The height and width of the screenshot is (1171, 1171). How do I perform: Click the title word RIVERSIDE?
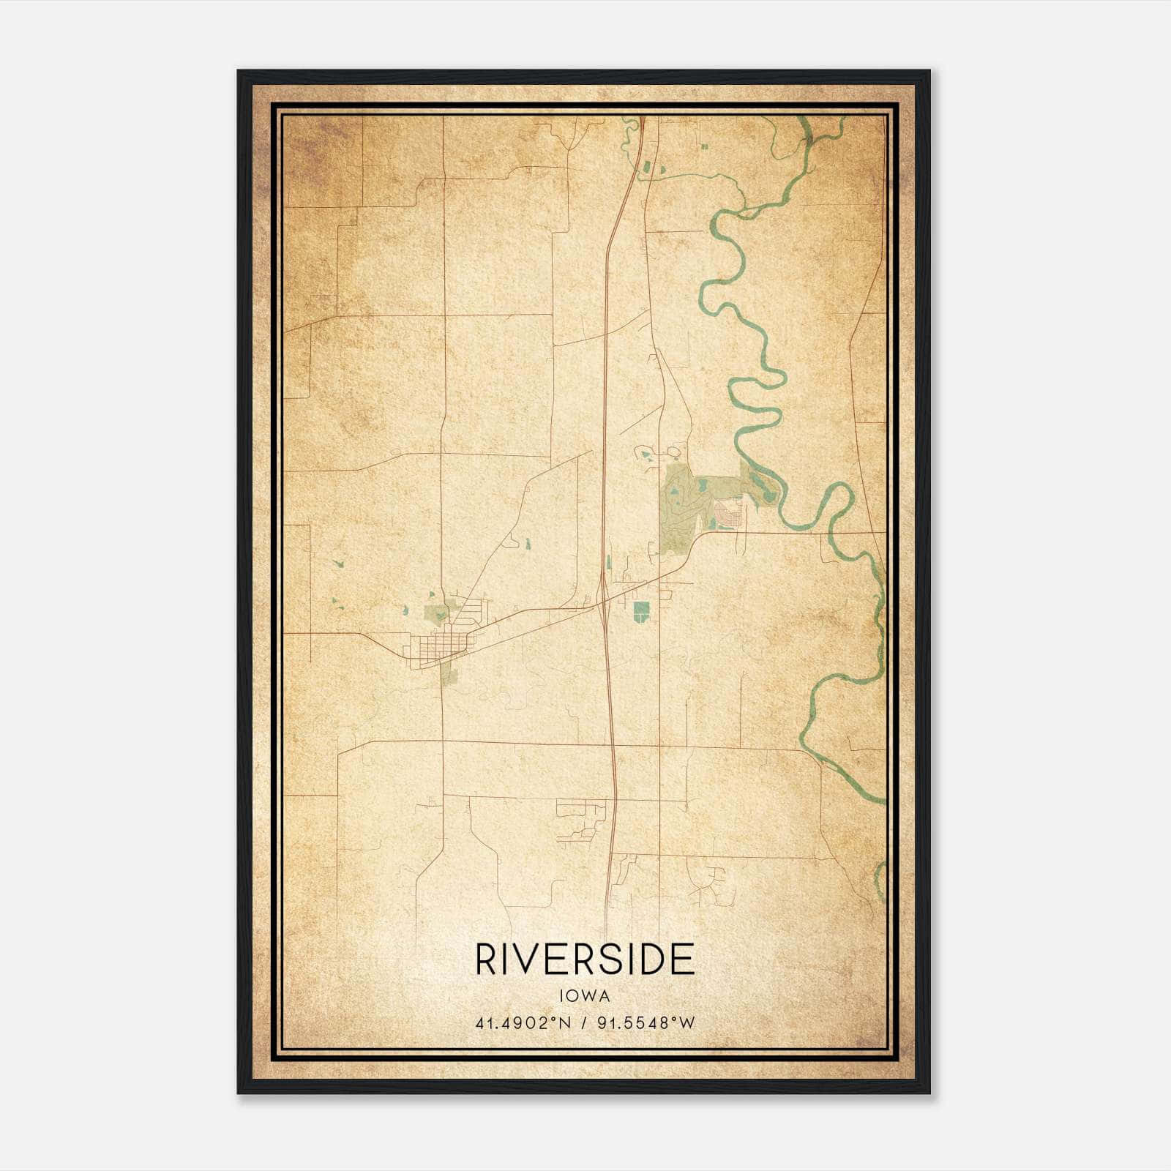click(x=585, y=959)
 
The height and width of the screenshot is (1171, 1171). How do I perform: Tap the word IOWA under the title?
click(x=585, y=996)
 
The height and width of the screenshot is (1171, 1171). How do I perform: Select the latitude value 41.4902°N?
click(x=523, y=1023)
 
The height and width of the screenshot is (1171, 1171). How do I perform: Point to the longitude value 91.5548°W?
click(x=646, y=1023)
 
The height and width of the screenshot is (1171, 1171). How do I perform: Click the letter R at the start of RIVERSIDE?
click(x=486, y=959)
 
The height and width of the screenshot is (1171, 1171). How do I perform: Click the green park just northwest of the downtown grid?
click(x=437, y=614)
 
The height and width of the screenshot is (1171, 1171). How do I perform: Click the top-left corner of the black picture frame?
click(x=239, y=72)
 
